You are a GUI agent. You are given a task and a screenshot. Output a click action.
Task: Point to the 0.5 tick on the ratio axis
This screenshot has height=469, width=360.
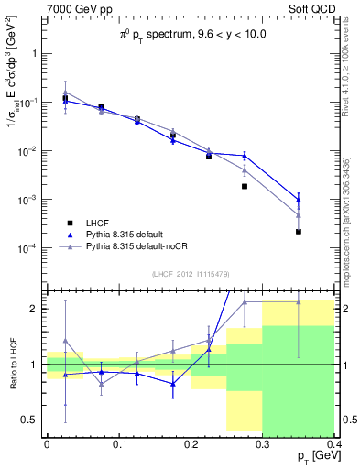coord(32,420)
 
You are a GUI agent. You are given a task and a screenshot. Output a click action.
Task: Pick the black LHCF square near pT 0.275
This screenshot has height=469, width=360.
coord(245,186)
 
